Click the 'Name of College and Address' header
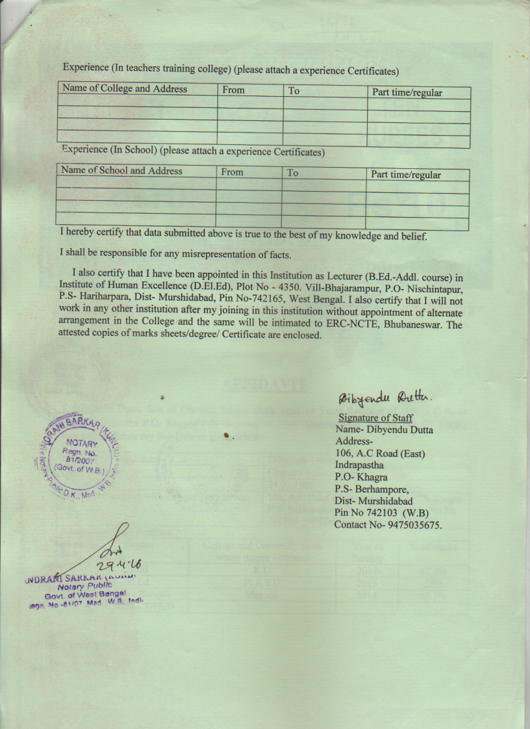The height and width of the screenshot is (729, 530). [124, 89]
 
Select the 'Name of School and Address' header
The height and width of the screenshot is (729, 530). [121, 171]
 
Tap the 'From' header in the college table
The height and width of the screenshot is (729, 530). [233, 90]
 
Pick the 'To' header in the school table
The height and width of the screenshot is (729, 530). [293, 173]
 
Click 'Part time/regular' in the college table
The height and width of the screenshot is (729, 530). [407, 93]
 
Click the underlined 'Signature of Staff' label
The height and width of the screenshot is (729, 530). [375, 418]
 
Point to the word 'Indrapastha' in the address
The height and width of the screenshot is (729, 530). [359, 465]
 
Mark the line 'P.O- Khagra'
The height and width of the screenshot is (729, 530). [361, 478]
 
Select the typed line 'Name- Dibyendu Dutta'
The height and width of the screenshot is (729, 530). [384, 429]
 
